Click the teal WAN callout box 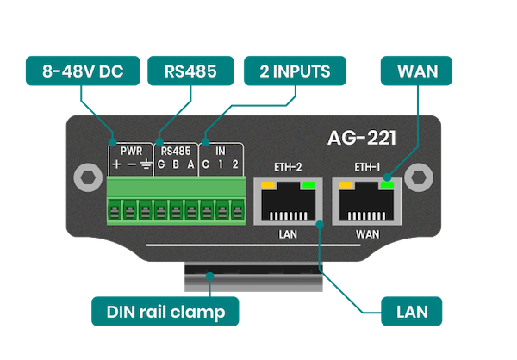click(419, 71)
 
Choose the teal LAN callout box click(414, 310)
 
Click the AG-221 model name click(364, 137)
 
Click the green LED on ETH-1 click(388, 184)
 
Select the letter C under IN click(207, 165)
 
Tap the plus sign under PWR click(115, 165)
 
